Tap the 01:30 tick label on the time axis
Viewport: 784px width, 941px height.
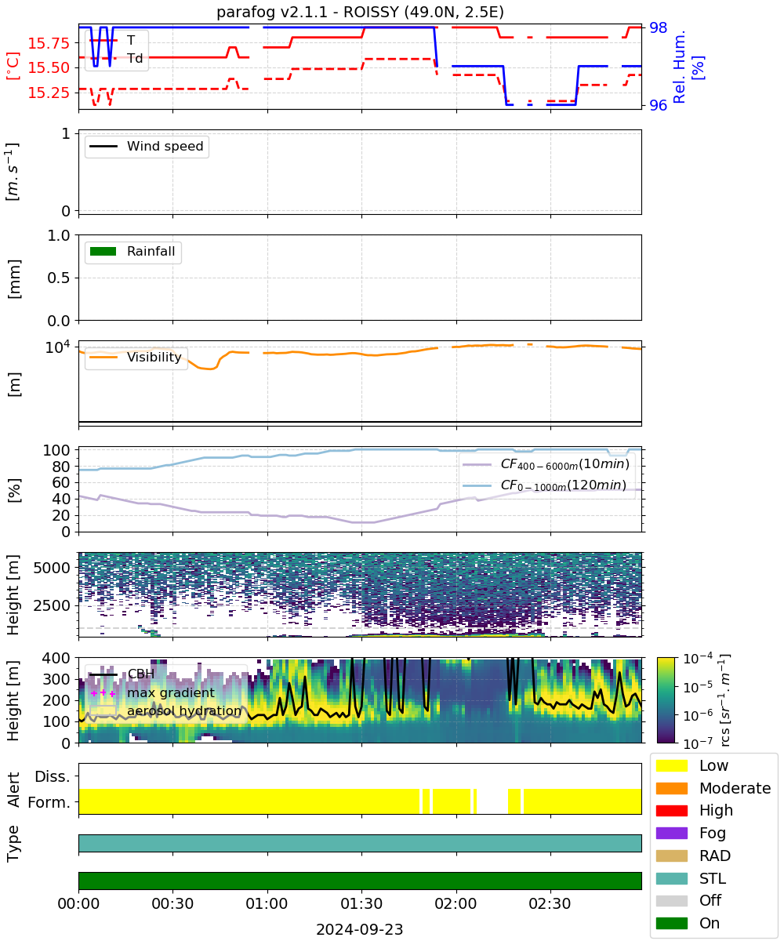tap(361, 903)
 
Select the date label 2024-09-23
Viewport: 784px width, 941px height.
tap(360, 928)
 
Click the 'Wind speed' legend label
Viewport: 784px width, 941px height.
tap(165, 146)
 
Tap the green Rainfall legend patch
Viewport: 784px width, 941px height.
tap(103, 251)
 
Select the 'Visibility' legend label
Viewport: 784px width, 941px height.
tap(154, 357)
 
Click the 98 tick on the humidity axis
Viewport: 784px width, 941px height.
tap(658, 27)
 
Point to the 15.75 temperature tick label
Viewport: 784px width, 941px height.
tap(49, 43)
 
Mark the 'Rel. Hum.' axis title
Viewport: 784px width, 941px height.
tap(679, 67)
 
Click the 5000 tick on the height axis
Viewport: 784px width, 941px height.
tap(52, 568)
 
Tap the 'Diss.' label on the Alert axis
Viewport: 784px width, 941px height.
tap(53, 776)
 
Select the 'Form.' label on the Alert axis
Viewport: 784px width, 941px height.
tap(49, 803)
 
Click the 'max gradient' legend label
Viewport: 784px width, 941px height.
tap(171, 692)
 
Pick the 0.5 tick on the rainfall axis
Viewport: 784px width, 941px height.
tap(59, 278)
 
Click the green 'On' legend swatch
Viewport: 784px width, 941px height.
tap(671, 923)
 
